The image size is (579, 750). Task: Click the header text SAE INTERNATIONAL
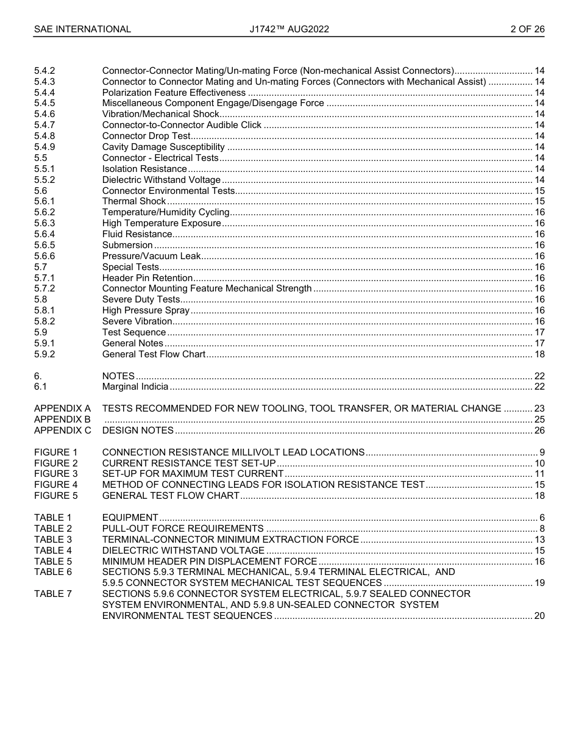pos(82,29)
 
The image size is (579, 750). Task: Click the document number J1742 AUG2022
pos(289,29)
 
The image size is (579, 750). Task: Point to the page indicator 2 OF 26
pos(527,29)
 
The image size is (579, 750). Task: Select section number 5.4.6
pos(44,114)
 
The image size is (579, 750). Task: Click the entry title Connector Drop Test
pos(146,136)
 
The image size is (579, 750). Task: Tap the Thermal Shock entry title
pos(134,201)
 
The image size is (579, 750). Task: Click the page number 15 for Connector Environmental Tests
pos(539,191)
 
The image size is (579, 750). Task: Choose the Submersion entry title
pos(127,245)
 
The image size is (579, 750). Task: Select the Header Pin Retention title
pos(147,278)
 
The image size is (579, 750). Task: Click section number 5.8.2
pos(44,321)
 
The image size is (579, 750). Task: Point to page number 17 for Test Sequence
pos(539,332)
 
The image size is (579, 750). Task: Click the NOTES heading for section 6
pos(118,376)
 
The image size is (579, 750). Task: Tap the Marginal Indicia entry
pos(135,387)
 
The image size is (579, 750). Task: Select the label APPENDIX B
pos(62,420)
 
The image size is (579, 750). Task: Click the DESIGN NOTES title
pos(138,430)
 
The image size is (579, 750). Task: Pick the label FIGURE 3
pos(56,474)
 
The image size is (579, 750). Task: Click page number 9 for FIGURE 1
pos(542,452)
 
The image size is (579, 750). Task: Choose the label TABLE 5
pos(53,561)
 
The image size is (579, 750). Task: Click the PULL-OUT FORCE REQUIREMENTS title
pos(183,529)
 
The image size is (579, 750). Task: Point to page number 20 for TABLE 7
pos(539,616)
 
